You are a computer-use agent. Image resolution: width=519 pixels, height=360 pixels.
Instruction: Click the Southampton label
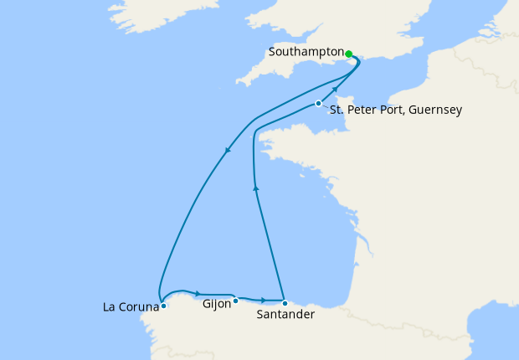(x=306, y=52)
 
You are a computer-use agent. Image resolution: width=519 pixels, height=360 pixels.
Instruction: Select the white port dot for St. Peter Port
(x=318, y=104)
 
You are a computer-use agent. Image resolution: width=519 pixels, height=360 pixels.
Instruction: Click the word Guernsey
(x=432, y=110)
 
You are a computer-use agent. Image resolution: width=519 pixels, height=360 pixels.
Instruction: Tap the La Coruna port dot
(x=163, y=306)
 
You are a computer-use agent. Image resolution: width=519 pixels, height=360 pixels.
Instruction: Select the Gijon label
(x=217, y=305)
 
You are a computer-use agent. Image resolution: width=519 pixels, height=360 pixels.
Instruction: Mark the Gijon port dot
(x=236, y=300)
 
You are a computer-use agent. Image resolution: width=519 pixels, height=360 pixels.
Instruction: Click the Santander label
(x=285, y=316)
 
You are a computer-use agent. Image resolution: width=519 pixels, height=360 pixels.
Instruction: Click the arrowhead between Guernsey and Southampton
(x=336, y=90)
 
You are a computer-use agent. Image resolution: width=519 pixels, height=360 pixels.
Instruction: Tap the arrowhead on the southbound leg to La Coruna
(x=228, y=151)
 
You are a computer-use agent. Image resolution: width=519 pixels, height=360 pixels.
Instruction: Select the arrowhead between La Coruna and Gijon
(x=198, y=293)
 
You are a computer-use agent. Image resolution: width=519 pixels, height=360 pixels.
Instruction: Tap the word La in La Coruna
(x=109, y=307)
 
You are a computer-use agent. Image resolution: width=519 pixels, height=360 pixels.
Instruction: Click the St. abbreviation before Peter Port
(x=336, y=110)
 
